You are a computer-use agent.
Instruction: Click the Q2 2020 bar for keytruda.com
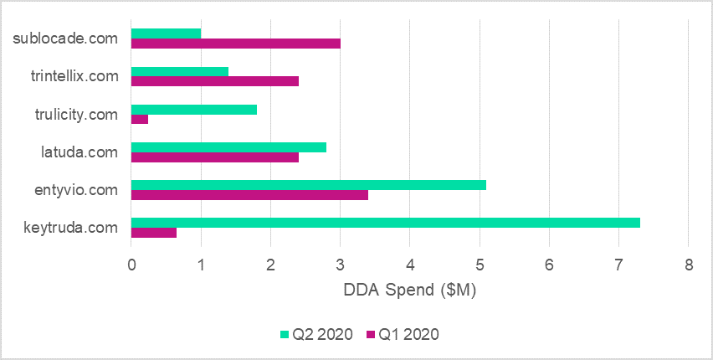pyautogui.click(x=386, y=223)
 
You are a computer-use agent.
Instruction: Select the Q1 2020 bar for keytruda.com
pyautogui.click(x=154, y=233)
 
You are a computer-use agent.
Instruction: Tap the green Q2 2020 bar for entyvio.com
pyautogui.click(x=309, y=185)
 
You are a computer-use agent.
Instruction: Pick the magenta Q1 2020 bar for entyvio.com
pyautogui.click(x=249, y=195)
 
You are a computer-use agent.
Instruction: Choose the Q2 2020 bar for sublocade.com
pyautogui.click(x=167, y=33)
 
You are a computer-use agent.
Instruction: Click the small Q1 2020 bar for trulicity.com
pyautogui.click(x=140, y=119)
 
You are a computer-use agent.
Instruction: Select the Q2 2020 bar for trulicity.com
pyautogui.click(x=194, y=109)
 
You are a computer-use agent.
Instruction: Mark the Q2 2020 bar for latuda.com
pyautogui.click(x=228, y=147)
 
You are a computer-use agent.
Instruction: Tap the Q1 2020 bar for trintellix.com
pyautogui.click(x=215, y=81)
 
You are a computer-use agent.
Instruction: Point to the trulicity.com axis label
pyautogui.click(x=74, y=114)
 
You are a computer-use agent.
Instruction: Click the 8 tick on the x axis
pyautogui.click(x=688, y=265)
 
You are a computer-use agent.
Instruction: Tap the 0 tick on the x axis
pyautogui.click(x=131, y=265)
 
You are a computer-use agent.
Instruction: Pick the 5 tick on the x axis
pyautogui.click(x=480, y=265)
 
